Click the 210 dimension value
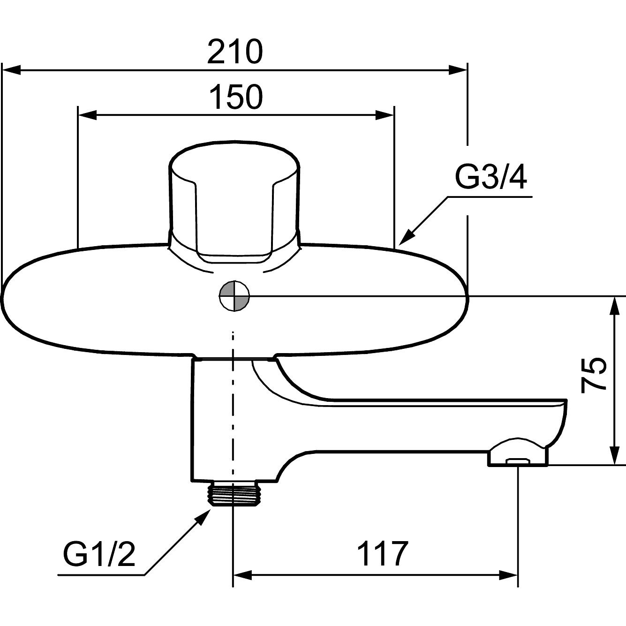coord(234,53)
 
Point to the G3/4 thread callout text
coord(491,177)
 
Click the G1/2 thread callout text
coord(99,554)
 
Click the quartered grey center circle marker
coord(234,296)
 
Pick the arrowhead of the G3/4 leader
coord(406,237)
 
